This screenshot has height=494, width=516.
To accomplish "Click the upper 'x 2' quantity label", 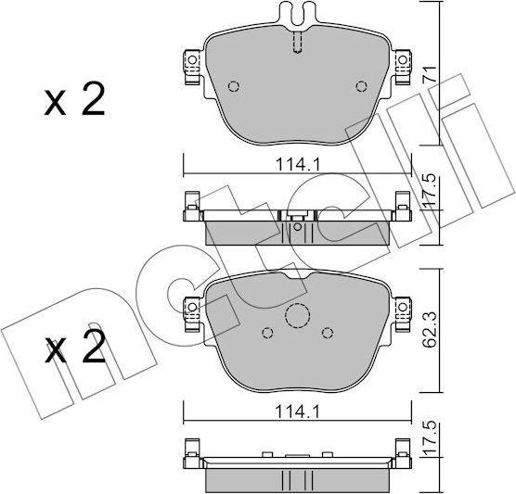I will pyautogui.click(x=74, y=102).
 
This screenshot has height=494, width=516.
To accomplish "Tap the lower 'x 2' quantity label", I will pyautogui.click(x=74, y=350).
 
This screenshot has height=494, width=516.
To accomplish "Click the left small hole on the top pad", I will pyautogui.click(x=233, y=88).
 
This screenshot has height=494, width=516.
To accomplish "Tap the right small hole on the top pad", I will pyautogui.click(x=361, y=88).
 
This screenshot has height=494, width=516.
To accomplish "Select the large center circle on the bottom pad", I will pyautogui.click(x=297, y=317).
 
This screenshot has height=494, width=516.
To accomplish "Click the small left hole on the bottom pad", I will pyautogui.click(x=267, y=333).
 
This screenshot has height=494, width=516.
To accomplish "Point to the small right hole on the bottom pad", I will pyautogui.click(x=327, y=333).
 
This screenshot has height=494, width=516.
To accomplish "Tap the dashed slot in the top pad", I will pyautogui.click(x=297, y=44).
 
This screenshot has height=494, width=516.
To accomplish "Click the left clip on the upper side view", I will pyautogui.click(x=190, y=206).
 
